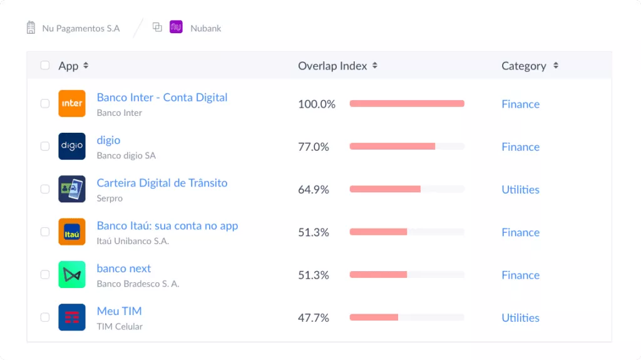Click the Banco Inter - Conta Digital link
click(x=162, y=98)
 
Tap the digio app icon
click(x=72, y=146)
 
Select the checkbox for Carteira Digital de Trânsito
click(x=45, y=189)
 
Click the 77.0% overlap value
click(x=314, y=147)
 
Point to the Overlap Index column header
click(x=332, y=66)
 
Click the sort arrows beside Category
click(x=556, y=66)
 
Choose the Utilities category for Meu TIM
click(x=520, y=318)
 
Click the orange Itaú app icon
click(x=72, y=232)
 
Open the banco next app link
click(x=124, y=269)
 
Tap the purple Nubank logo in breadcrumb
click(x=176, y=28)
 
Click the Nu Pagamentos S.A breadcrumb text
click(x=81, y=28)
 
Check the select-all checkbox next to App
click(x=45, y=66)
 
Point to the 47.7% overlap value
click(x=314, y=318)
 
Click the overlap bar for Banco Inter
click(x=407, y=104)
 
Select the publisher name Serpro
click(x=110, y=198)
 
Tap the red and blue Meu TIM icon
click(x=72, y=317)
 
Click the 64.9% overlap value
click(x=314, y=190)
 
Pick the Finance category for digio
click(x=520, y=147)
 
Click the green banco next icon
click(x=72, y=274)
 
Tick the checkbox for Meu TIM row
click(x=45, y=317)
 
